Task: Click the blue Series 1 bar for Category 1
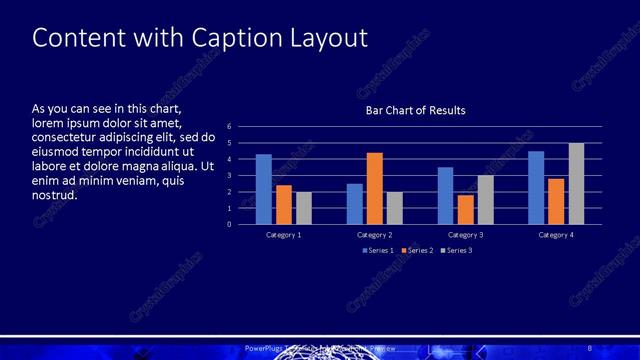click(x=264, y=189)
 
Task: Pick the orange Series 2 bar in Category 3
click(x=465, y=209)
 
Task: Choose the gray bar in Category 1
click(x=303, y=208)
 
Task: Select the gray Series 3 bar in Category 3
click(x=485, y=199)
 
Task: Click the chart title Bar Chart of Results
click(x=415, y=110)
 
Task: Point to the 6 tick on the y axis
click(x=229, y=127)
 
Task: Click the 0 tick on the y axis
click(x=229, y=224)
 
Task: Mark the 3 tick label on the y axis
click(x=229, y=176)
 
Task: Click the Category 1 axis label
click(x=283, y=235)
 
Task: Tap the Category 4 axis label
click(x=556, y=235)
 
